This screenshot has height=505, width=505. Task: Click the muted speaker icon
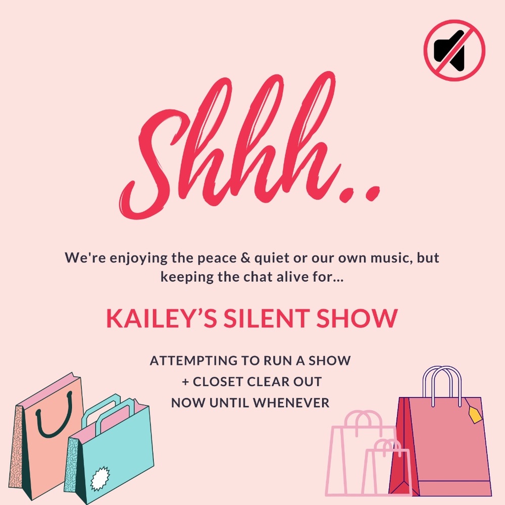[x=454, y=50]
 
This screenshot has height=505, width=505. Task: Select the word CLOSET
[x=219, y=382]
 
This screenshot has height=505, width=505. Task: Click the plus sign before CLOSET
[x=185, y=382]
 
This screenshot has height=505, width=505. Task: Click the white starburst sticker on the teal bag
[x=99, y=477]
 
